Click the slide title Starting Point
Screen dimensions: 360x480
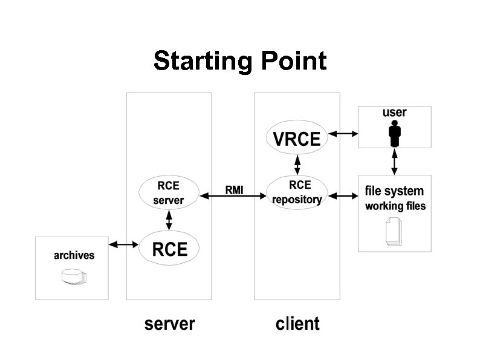[240, 61]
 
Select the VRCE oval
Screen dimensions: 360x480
[297, 139]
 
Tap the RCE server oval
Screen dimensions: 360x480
[169, 192]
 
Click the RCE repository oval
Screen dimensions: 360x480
[297, 192]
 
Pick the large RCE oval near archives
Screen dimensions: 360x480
[169, 249]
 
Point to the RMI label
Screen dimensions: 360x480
[234, 190]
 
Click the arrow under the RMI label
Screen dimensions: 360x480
[233, 196]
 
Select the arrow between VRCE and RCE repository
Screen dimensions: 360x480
[297, 163]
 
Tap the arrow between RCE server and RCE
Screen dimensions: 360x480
[169, 220]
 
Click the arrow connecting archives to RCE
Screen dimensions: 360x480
[123, 244]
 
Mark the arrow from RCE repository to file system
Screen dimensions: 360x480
[343, 196]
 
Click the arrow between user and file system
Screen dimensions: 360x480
[395, 162]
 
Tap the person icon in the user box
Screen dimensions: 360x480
[395, 133]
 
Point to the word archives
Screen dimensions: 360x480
[74, 255]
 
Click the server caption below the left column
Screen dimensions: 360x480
[169, 324]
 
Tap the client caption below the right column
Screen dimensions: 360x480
[297, 324]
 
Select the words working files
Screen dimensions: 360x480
[395, 206]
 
